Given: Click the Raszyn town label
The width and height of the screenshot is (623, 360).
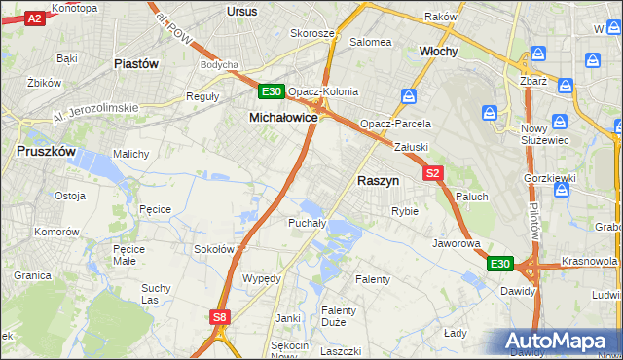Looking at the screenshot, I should coord(378,181).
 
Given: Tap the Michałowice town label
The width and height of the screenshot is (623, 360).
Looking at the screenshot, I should coord(283,117).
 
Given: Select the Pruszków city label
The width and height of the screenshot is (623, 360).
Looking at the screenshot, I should coord(47,151).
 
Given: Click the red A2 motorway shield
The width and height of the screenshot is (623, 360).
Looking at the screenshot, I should coord(34,18).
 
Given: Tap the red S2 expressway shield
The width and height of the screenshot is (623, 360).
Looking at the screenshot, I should coord(434,173).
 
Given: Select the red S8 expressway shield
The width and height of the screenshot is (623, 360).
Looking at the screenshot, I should coord(220,316).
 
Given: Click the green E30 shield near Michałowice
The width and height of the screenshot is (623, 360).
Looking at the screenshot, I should coord(272,91).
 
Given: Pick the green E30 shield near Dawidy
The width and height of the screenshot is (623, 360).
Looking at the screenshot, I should coord(499,264).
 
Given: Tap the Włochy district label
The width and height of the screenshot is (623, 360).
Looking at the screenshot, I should coord(438,51).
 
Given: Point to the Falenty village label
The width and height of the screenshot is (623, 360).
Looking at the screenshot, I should coord(372,279).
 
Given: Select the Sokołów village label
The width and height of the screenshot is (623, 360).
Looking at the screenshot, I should coord(214,249).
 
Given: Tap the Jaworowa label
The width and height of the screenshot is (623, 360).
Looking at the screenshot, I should coord(457,243).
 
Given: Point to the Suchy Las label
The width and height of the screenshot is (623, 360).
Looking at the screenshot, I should coord(156,293).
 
